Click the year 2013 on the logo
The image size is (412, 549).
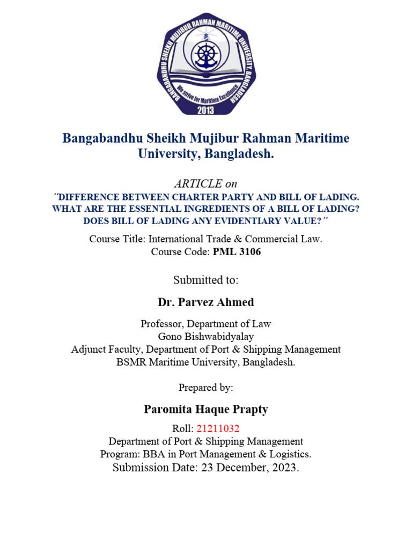(206, 110)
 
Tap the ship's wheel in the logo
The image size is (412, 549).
(206, 54)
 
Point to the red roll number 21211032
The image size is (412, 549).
(218, 428)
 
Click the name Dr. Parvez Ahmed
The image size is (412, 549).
(206, 302)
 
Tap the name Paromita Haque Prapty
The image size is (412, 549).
(206, 410)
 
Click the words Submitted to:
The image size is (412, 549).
(206, 280)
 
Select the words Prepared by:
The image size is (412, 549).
(206, 388)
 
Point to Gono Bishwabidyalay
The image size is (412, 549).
(206, 337)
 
